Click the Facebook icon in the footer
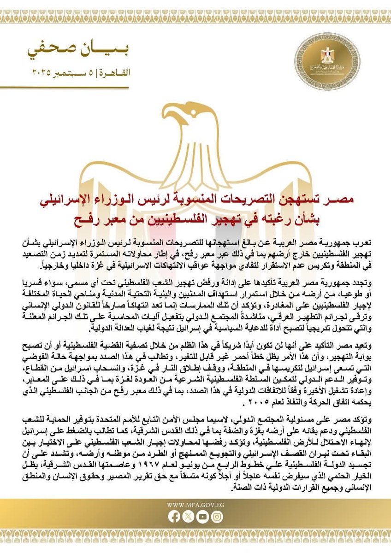click(175, 517)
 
